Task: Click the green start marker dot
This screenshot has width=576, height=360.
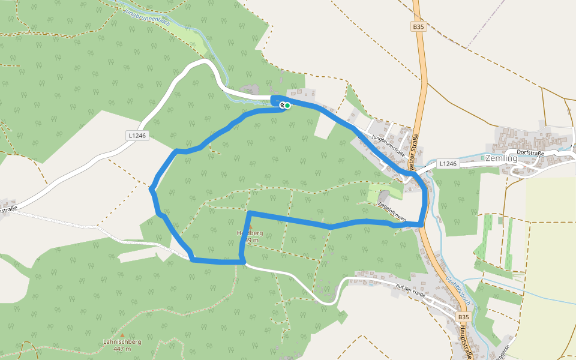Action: pyautogui.click(x=287, y=106)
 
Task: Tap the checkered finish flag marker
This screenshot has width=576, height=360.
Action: pyautogui.click(x=282, y=105)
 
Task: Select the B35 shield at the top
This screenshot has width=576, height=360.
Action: pyautogui.click(x=418, y=27)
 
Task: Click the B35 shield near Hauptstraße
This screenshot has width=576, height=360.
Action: pyautogui.click(x=463, y=316)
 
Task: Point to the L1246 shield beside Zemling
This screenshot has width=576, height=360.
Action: pyautogui.click(x=448, y=163)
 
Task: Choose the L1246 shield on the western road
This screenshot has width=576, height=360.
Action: pyautogui.click(x=137, y=136)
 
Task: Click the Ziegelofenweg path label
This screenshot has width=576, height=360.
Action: pyautogui.click(x=391, y=212)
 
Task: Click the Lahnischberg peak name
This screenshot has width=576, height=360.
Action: pyautogui.click(x=122, y=342)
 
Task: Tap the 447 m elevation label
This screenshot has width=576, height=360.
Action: pyautogui.click(x=122, y=349)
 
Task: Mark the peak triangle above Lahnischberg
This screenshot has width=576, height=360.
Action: pyautogui.click(x=122, y=335)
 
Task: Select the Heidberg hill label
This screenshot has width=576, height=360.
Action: pyautogui.click(x=250, y=233)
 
